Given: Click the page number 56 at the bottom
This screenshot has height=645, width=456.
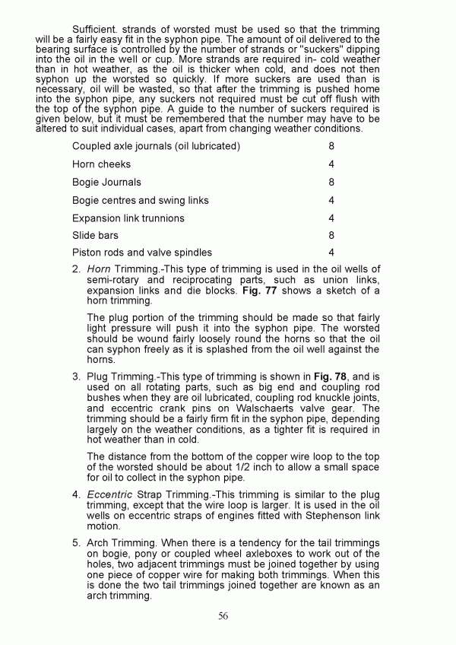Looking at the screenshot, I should (x=223, y=616).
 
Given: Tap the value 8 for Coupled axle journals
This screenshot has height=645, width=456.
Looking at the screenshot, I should (x=331, y=146).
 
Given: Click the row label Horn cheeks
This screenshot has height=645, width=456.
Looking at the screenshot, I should (x=101, y=164).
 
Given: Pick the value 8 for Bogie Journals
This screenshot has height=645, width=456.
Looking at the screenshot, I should (x=331, y=183).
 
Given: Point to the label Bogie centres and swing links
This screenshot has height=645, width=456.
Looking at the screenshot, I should (x=140, y=201).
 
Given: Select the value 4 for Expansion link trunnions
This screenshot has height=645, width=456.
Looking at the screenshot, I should (x=331, y=218).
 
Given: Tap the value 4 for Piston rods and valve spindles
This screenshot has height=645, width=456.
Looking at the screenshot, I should (x=331, y=253).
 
